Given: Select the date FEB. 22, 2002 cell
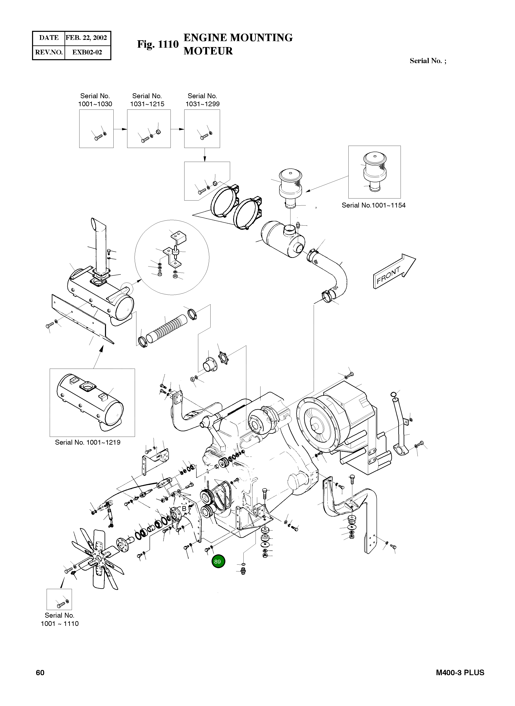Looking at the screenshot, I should tap(86, 38).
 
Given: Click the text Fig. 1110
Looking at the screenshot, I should tap(158, 44).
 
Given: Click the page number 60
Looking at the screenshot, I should tap(40, 672).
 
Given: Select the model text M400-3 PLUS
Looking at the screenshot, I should tap(460, 672).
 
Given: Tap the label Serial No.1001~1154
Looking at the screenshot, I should tap(373, 205).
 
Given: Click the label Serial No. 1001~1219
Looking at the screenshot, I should tap(88, 442).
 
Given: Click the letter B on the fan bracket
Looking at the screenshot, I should tap(184, 509).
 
